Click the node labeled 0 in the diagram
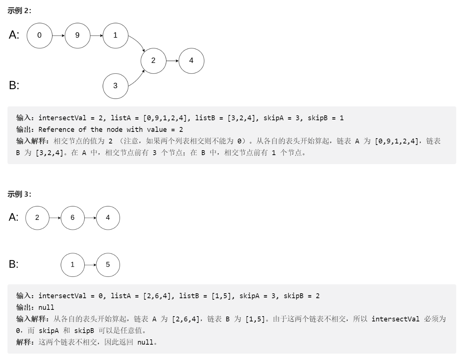(x=39, y=36)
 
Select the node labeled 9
(x=77, y=36)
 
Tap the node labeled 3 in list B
(x=115, y=86)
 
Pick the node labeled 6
(x=72, y=218)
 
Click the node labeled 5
(x=108, y=265)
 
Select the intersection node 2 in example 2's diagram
(x=153, y=61)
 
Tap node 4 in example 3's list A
(x=108, y=218)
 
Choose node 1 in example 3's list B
(x=72, y=265)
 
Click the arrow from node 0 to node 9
(x=58, y=36)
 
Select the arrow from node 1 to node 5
(x=90, y=265)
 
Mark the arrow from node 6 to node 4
(x=90, y=218)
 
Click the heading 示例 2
(x=19, y=11)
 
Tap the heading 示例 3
(x=19, y=194)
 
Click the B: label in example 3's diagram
(x=14, y=264)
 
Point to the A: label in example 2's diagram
(x=14, y=35)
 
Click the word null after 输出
(x=46, y=308)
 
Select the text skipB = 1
(x=325, y=118)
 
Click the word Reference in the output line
(x=56, y=130)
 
